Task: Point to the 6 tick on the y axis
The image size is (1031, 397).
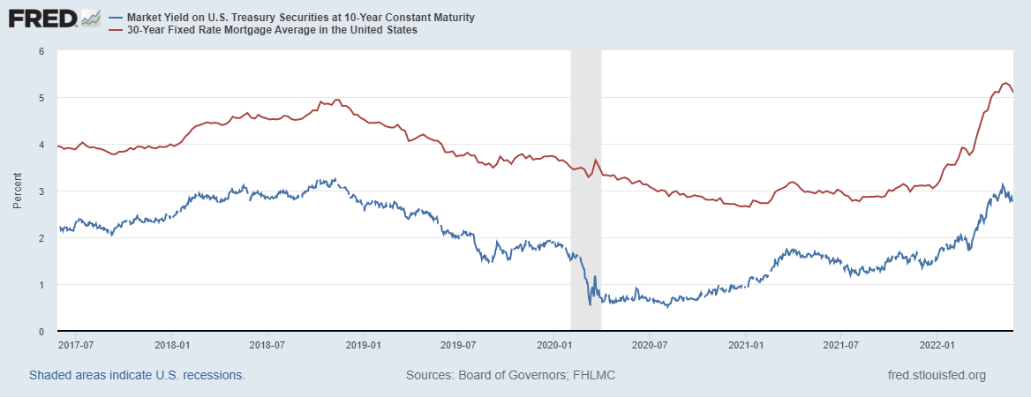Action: tap(41, 51)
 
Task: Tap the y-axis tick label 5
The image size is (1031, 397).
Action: tap(41, 98)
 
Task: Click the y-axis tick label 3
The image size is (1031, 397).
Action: tap(41, 191)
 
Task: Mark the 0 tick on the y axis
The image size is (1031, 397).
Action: tap(41, 332)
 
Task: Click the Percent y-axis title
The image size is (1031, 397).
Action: tap(18, 191)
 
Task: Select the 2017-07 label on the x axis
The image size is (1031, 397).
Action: tap(77, 343)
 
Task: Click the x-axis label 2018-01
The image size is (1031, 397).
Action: tap(173, 343)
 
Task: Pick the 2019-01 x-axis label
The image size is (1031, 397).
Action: tap(364, 343)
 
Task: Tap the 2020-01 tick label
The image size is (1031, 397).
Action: tap(553, 343)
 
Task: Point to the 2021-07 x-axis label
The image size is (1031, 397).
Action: tap(840, 343)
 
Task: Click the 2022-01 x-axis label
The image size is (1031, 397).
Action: tap(936, 343)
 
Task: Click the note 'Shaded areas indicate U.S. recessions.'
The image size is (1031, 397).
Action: tap(137, 375)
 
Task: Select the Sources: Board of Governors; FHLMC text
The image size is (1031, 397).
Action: tap(510, 375)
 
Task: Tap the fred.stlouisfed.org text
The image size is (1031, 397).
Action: tap(937, 375)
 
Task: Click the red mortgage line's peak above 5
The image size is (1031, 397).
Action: tap(1005, 83)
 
